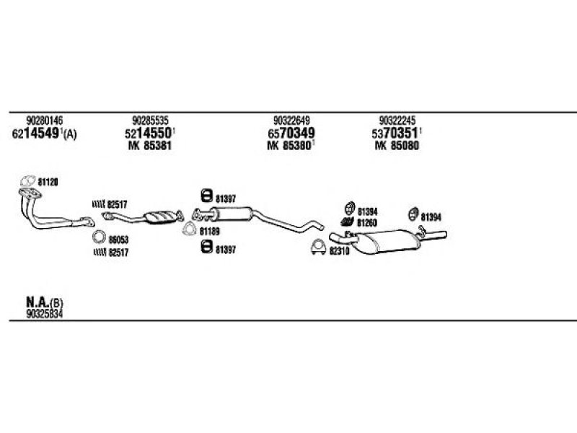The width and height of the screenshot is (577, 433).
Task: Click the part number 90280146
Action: (x=44, y=120)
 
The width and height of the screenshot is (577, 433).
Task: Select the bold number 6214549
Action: (x=36, y=134)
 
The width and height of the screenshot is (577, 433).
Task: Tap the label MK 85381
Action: (x=150, y=146)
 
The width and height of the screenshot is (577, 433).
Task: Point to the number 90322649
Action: (x=291, y=120)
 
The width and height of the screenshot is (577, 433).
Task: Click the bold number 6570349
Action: (x=291, y=133)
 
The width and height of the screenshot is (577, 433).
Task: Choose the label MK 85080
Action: (x=397, y=146)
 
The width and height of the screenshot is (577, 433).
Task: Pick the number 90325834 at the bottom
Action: (x=44, y=314)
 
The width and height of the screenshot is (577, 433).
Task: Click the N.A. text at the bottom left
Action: (x=38, y=302)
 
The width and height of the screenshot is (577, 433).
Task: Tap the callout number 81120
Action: (x=48, y=182)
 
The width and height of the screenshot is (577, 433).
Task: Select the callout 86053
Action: (x=118, y=240)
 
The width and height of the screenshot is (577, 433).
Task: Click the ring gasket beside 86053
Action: (x=99, y=237)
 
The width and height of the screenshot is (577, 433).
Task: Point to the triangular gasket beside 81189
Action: (x=190, y=229)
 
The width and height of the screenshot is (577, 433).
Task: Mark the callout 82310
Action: (x=339, y=251)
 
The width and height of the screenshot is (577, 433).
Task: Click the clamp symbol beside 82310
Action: (x=318, y=247)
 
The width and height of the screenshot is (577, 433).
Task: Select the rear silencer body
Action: (x=388, y=241)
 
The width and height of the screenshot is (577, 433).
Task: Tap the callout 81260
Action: (x=367, y=223)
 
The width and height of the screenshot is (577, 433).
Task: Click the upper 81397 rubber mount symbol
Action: (x=207, y=196)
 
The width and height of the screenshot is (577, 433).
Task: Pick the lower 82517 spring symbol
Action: (x=100, y=252)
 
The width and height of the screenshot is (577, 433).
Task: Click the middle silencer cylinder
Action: (x=232, y=214)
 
